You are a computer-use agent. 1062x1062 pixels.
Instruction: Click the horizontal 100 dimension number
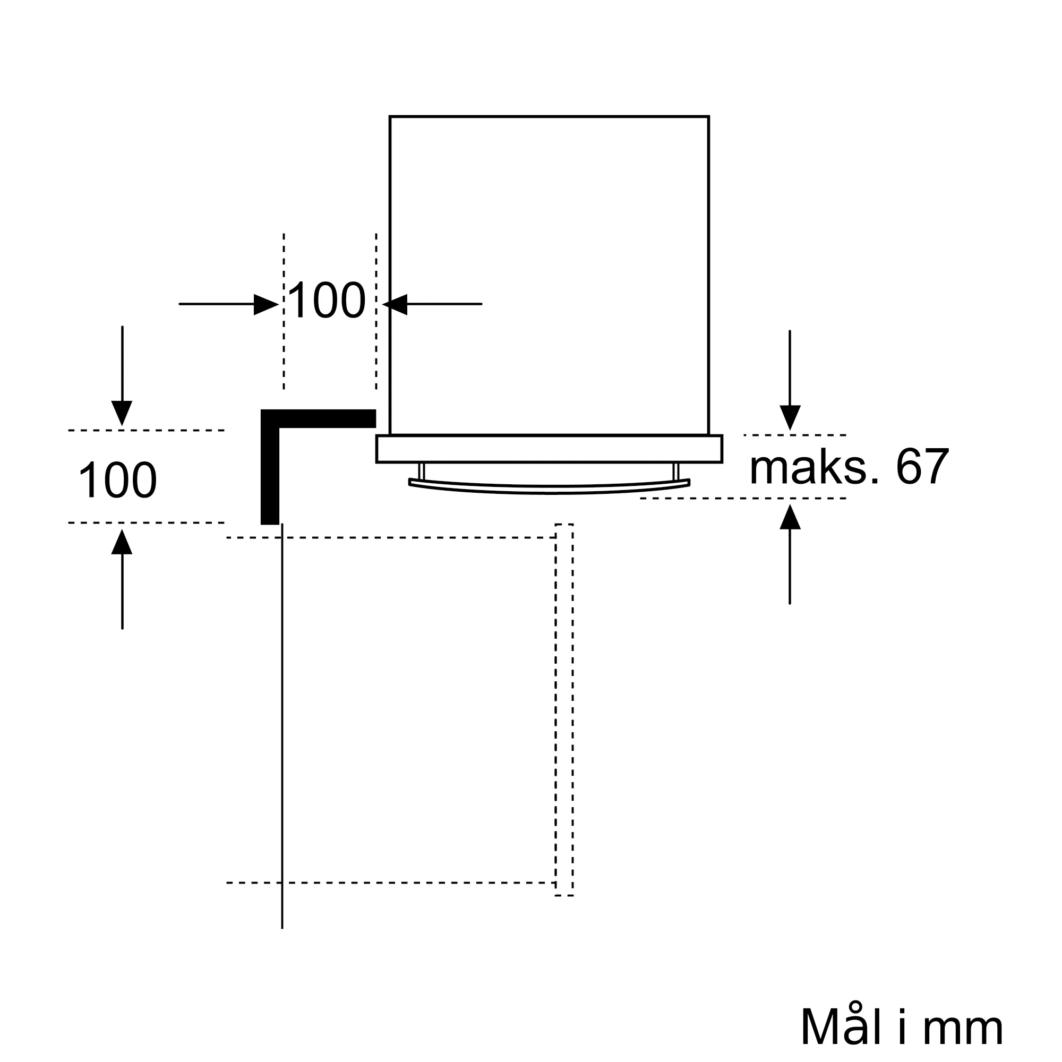click(x=327, y=301)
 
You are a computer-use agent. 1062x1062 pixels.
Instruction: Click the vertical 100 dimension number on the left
click(x=118, y=481)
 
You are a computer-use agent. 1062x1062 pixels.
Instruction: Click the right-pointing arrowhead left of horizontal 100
click(x=265, y=304)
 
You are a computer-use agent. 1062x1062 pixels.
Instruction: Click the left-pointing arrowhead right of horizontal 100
click(x=396, y=304)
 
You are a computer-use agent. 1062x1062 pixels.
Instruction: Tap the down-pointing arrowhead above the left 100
click(x=122, y=412)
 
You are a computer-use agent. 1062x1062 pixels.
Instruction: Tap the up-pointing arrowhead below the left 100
click(x=122, y=543)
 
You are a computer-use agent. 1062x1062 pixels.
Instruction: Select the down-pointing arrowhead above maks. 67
click(x=790, y=416)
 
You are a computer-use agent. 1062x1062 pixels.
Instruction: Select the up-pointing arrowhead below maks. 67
click(x=790, y=518)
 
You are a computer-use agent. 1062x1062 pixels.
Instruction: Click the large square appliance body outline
click(x=549, y=275)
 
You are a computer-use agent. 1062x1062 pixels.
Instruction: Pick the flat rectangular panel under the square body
click(x=549, y=449)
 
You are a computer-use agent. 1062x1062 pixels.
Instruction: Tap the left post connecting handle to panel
click(x=422, y=471)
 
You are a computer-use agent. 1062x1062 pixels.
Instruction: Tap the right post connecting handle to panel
click(x=675, y=471)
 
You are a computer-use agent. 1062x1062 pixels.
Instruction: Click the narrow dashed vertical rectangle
click(x=564, y=709)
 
